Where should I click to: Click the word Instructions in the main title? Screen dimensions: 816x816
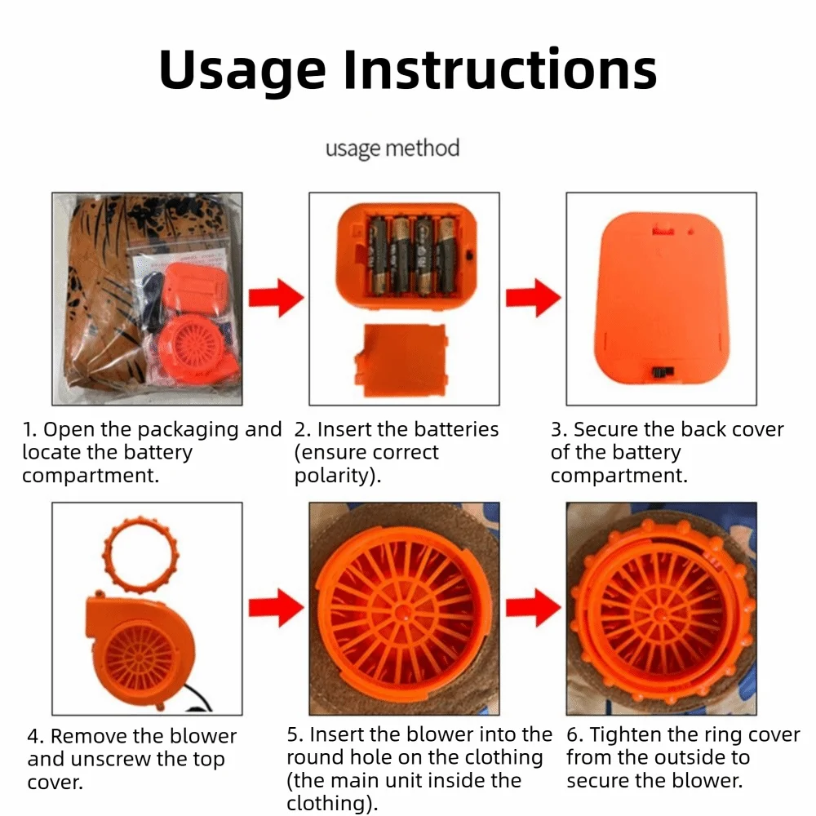point(500,69)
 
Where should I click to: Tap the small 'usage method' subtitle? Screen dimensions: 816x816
point(392,149)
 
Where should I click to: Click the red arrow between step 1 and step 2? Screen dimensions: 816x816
point(277,298)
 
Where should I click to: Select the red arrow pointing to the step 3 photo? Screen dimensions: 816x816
point(534,298)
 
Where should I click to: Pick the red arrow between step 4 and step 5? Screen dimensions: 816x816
point(277,608)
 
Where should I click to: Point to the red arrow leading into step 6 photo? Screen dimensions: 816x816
point(534,608)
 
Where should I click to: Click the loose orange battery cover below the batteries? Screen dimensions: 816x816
point(401,360)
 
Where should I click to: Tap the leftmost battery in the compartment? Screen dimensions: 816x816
point(378,255)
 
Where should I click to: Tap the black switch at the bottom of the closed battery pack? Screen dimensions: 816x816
point(663,372)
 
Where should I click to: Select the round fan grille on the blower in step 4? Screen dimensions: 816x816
point(140,659)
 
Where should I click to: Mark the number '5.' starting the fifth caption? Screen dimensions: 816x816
point(295,735)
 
